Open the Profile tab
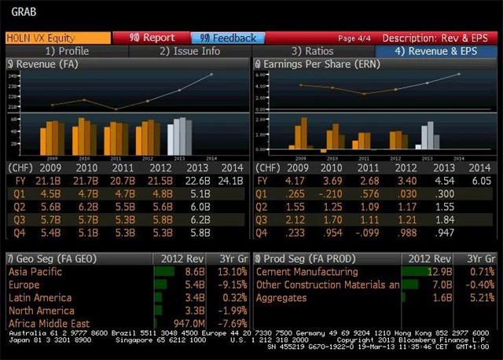[67, 51]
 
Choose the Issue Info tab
[190, 51]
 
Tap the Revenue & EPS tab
[435, 51]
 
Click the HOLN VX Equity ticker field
[57, 38]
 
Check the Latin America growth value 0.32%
[232, 297]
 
